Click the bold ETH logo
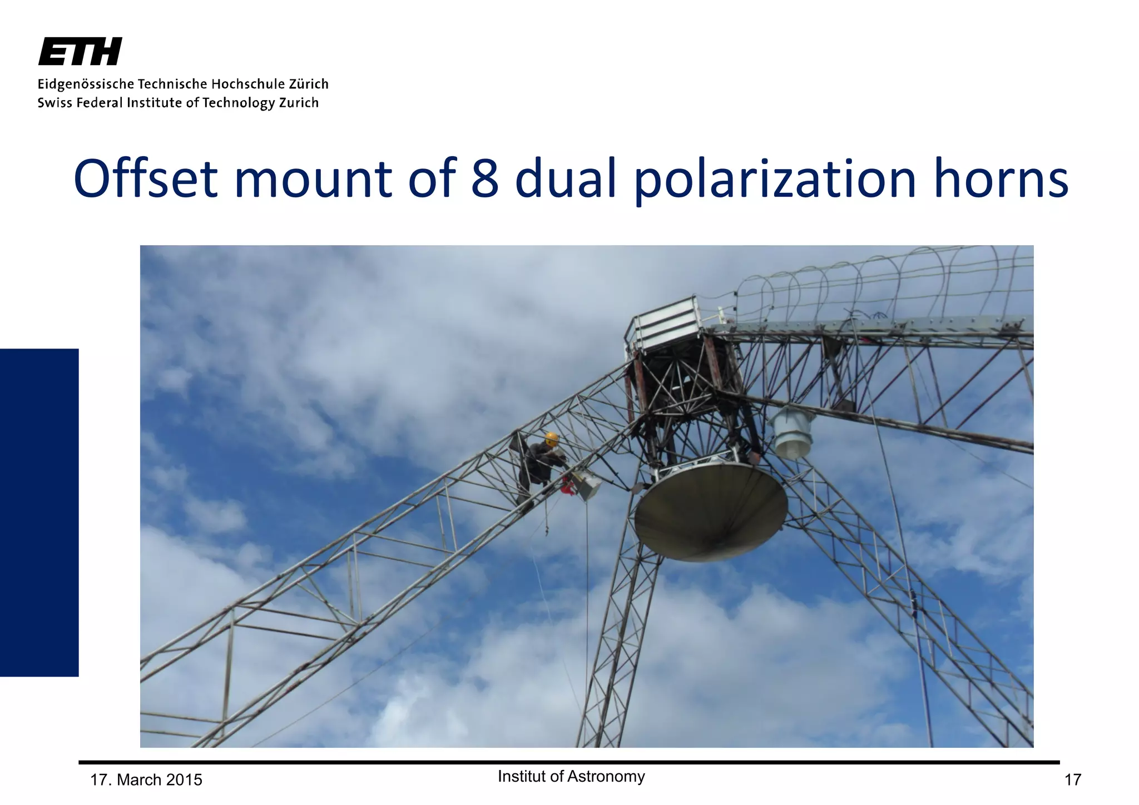point(80,52)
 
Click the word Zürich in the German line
point(309,84)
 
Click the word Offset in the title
point(146,179)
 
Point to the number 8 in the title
point(485,179)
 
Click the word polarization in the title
point(775,179)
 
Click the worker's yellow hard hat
point(551,439)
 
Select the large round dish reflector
point(711,510)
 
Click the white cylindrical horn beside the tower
point(792,433)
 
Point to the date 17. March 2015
point(146,780)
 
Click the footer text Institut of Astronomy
point(571,776)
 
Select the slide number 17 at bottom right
point(1072,780)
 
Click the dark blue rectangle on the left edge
point(39,512)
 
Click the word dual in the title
point(566,179)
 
